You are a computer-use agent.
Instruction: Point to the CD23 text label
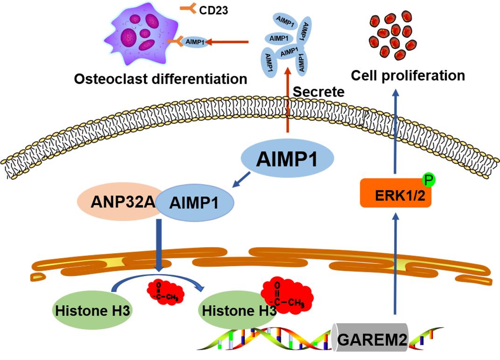213,10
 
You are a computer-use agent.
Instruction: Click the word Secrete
319,92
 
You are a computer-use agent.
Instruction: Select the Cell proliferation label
408,75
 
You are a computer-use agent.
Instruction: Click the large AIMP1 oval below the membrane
287,159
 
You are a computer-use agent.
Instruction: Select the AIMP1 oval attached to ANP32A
194,203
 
